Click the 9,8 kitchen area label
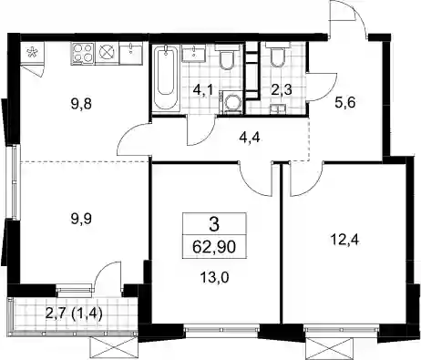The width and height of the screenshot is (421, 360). [81, 105]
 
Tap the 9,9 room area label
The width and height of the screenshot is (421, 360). [81, 219]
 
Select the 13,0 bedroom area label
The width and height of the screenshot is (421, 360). [214, 277]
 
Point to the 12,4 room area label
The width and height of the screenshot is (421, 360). [345, 240]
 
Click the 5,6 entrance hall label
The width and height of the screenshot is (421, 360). [344, 103]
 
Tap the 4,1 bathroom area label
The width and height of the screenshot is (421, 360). [202, 90]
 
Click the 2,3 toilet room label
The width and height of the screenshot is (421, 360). [282, 90]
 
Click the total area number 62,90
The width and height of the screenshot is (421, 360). [214, 247]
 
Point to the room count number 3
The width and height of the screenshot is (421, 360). [214, 225]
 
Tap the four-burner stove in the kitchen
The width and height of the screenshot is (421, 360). [83, 53]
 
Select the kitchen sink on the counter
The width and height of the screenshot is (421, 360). [131, 53]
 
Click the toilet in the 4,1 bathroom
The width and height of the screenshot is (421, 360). [227, 57]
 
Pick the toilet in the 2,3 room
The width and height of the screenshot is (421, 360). [277, 56]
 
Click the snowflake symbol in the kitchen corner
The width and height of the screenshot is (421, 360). [31, 53]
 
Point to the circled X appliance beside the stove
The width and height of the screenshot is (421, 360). [107, 53]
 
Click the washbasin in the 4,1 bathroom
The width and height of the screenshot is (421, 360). [194, 53]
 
